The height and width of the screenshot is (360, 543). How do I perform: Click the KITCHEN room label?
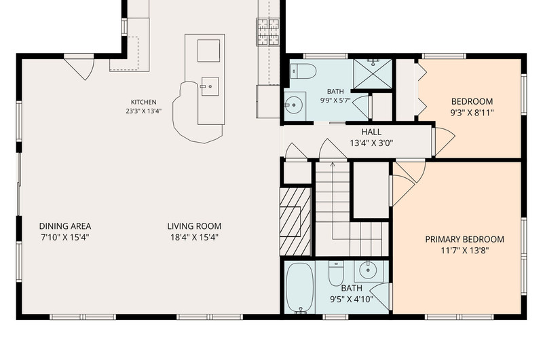click(x=143, y=102)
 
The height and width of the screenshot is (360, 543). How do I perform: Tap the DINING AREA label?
click(x=65, y=226)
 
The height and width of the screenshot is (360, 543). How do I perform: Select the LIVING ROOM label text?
click(x=194, y=226)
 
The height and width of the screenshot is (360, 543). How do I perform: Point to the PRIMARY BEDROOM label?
click(x=465, y=239)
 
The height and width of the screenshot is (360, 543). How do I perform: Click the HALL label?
click(x=371, y=132)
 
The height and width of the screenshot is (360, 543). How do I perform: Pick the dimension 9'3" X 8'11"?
click(x=472, y=113)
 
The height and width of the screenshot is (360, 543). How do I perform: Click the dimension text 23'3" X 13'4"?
click(x=144, y=111)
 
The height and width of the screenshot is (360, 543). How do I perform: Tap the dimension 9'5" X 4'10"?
click(x=352, y=299)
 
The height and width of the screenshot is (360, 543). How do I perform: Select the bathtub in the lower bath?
click(x=300, y=288)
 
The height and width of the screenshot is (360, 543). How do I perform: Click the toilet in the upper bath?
click(x=303, y=72)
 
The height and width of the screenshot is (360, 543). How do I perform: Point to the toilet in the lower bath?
click(x=335, y=273)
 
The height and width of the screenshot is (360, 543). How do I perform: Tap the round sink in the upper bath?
click(x=294, y=105)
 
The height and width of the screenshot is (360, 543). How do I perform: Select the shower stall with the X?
click(x=373, y=74)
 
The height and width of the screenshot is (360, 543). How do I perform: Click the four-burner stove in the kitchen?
click(x=267, y=32)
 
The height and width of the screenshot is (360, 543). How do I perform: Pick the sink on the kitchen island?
click(x=210, y=86)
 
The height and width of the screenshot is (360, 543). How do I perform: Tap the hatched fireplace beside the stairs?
click(x=295, y=221)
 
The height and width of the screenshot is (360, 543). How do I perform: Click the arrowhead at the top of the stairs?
click(x=333, y=164)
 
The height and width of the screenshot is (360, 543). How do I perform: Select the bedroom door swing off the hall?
click(x=443, y=141)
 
